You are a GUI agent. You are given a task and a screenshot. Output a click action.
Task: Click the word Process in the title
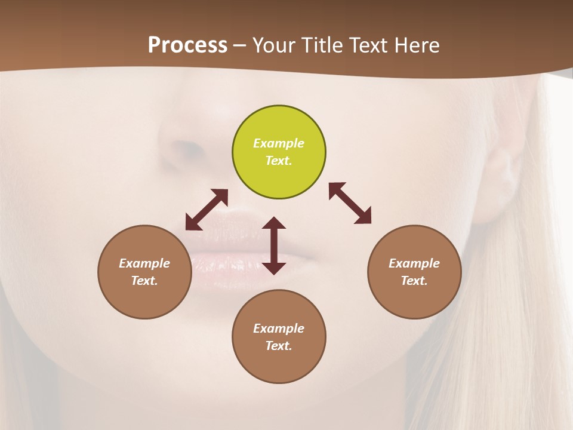(187, 45)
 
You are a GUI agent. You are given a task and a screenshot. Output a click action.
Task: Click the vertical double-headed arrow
(274, 245)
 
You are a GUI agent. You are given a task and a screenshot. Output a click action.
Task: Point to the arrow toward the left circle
(207, 210)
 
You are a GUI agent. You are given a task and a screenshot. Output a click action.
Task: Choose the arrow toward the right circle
(350, 203)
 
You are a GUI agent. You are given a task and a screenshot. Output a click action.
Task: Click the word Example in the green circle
(279, 143)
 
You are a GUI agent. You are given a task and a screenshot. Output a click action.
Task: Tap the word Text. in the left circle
(144, 281)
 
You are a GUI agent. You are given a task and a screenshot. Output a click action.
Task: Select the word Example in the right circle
(414, 263)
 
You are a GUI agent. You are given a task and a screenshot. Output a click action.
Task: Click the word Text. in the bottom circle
(279, 346)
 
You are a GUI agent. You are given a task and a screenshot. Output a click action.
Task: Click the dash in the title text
(240, 45)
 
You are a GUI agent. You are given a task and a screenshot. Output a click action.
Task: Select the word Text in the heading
(368, 45)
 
